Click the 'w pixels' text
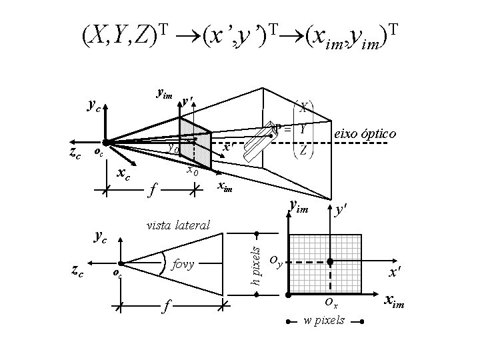[324, 321]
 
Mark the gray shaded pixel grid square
[325, 263]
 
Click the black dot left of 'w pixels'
[288, 322]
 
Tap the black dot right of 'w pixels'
[361, 322]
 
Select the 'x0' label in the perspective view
[192, 170]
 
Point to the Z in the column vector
[303, 149]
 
